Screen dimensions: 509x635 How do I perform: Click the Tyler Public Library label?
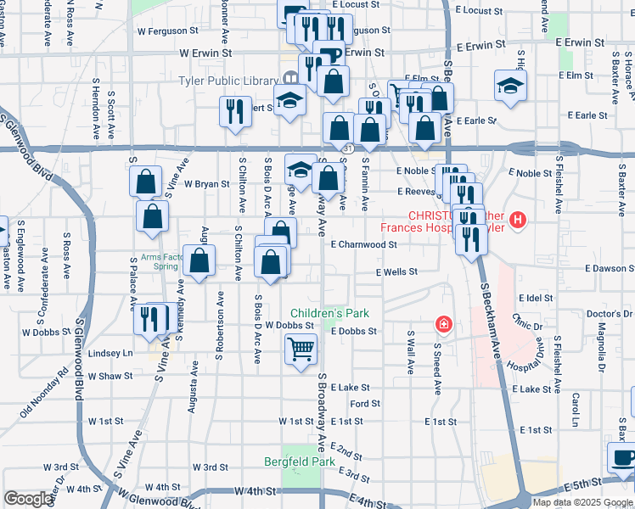click(x=228, y=81)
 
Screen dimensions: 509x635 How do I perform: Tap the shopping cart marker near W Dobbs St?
click(x=301, y=348)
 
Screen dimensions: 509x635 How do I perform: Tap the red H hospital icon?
click(x=518, y=222)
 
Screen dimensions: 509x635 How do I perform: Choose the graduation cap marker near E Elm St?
click(x=510, y=85)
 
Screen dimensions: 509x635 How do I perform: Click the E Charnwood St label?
click(x=363, y=244)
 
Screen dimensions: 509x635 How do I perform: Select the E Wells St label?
click(x=397, y=271)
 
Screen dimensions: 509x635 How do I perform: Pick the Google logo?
click(x=28, y=499)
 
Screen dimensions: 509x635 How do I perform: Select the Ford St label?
click(x=364, y=404)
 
